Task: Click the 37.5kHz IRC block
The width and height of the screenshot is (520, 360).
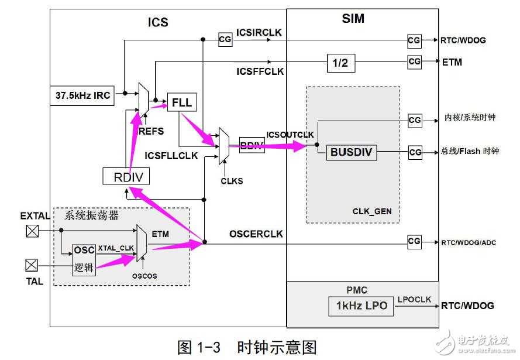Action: point(84,94)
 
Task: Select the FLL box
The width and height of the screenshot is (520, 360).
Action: point(182,104)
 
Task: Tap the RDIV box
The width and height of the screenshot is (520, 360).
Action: point(126,177)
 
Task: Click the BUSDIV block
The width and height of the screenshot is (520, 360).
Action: point(352,153)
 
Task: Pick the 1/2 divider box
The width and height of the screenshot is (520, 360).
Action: point(340,63)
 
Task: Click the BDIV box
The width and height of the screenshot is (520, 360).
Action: point(252,145)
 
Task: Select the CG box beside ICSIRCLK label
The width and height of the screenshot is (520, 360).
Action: point(225,39)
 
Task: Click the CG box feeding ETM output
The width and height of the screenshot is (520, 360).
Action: point(414,61)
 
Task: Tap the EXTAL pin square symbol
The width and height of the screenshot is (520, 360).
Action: point(32,231)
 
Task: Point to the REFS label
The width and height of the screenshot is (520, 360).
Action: point(151,132)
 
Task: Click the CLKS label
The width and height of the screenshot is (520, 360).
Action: point(232,181)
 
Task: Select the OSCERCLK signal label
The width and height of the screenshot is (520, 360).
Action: point(256,234)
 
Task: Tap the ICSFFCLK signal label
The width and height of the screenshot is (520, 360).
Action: point(260,71)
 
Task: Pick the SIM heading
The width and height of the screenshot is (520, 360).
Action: point(353,19)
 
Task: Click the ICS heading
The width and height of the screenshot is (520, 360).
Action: point(157,22)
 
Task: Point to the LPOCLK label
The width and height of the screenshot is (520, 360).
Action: point(414,300)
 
